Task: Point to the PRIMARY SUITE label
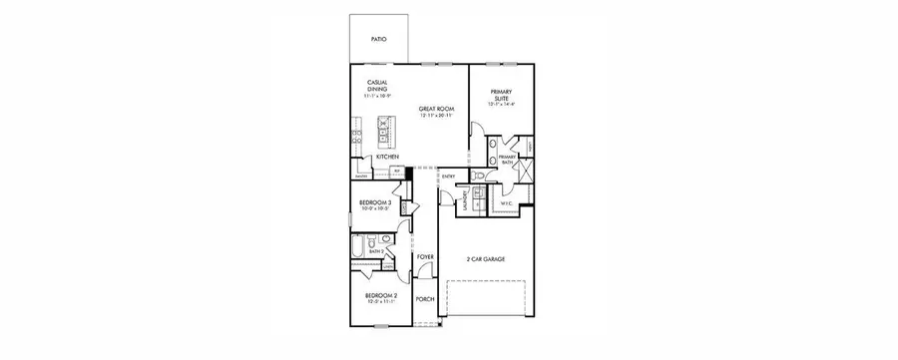point(500,94)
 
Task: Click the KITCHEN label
point(387,158)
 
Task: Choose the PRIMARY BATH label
point(507,160)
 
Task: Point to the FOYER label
point(426,257)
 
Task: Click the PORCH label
point(426,297)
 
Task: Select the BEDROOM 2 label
point(381,297)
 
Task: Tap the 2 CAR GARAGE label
point(485,259)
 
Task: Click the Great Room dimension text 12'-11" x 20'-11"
point(436,116)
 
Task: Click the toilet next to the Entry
point(480,177)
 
